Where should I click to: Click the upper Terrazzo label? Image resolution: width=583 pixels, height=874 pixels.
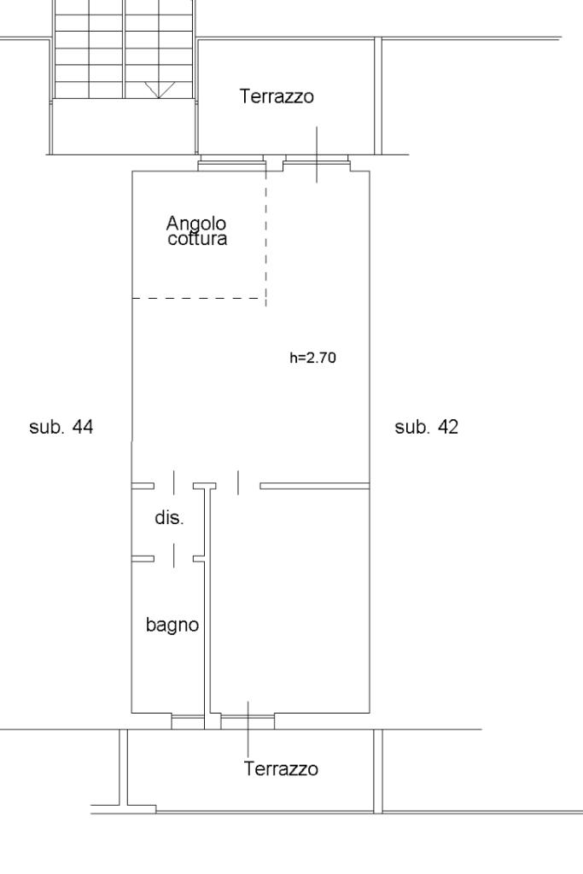coord(277,96)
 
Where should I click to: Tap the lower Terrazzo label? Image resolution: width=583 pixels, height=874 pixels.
coord(281,769)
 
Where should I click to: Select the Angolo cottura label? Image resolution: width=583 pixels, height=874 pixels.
coord(196,230)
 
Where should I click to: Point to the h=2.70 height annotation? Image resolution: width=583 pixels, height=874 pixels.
coord(312,358)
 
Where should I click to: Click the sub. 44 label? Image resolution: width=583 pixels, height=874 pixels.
coord(61,427)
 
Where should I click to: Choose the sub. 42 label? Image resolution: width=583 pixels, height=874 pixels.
coord(427,427)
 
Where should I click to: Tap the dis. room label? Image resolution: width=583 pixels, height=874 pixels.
coord(170,518)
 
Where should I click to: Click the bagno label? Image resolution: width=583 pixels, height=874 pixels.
coord(172,625)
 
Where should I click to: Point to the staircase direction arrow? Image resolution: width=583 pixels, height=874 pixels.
coord(159,90)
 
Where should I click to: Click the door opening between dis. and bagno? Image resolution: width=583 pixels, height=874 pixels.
coord(174,558)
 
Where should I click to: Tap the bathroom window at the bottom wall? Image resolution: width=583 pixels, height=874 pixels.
coord(188,722)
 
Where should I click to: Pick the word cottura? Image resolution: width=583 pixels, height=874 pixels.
coord(197,239)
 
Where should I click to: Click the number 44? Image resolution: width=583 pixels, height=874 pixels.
coord(83,427)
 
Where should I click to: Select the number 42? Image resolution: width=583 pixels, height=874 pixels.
coord(448,427)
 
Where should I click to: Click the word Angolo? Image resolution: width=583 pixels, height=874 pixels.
coord(196,224)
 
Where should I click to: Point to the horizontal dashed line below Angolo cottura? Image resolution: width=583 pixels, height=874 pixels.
coord(198,298)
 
